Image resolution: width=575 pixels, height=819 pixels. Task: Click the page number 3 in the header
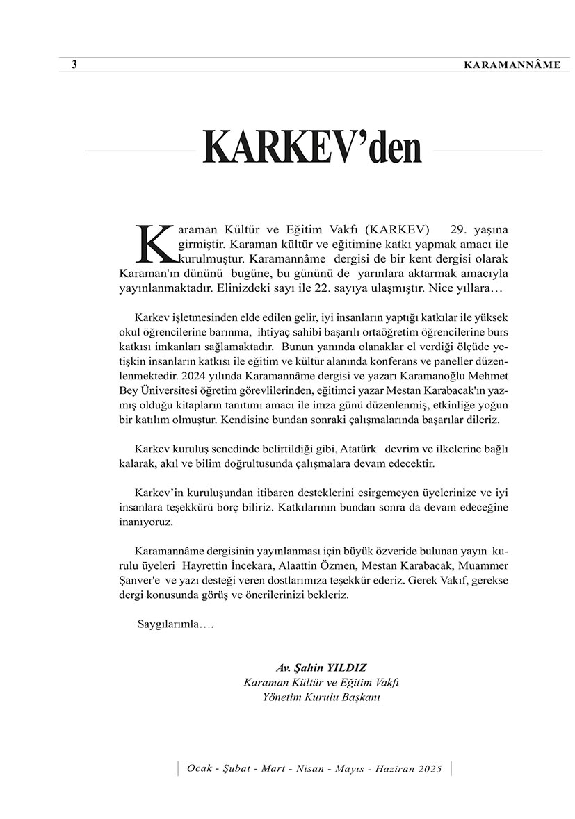point(74,65)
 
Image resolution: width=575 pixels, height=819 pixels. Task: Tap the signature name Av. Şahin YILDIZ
point(321,668)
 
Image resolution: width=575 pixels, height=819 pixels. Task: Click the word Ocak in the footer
point(198,769)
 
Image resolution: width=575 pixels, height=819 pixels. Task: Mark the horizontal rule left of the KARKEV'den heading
point(139,150)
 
